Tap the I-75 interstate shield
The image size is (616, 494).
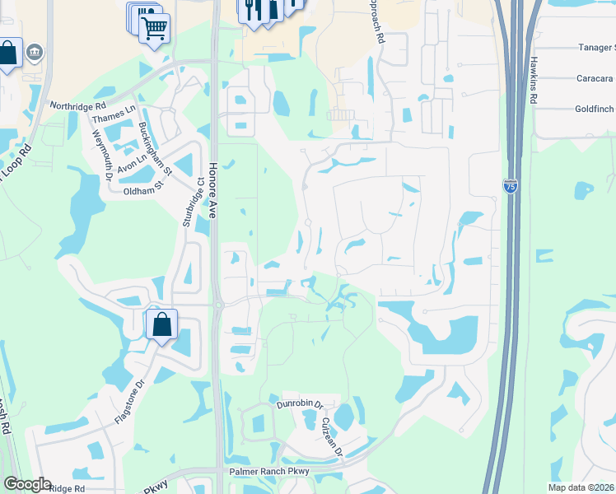pos(511,185)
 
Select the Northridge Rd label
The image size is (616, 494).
pos(78,105)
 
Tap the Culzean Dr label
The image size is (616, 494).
pos(332,438)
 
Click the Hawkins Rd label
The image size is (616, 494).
pos(534,80)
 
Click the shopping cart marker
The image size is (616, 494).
pos(154,30)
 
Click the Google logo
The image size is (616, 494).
pos(27,484)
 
